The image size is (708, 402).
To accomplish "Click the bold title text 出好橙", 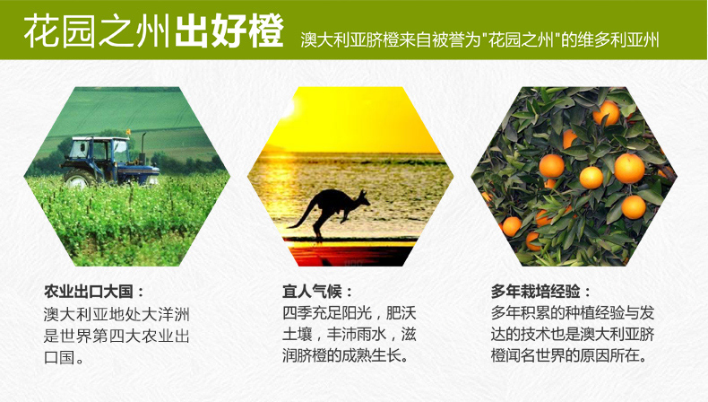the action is point(229,31).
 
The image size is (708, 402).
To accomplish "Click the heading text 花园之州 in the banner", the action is point(97,31).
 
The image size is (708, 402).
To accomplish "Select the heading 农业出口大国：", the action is point(94,292).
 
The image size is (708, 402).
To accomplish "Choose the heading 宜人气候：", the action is point(317,292).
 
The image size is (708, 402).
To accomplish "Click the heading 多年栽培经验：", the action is point(541,292).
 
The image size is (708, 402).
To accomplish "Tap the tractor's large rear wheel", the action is point(79,178).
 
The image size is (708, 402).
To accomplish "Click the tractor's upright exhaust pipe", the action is point(143,144).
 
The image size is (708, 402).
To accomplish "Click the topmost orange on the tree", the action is point(606,113).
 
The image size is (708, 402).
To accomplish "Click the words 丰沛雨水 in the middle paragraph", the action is point(357,335).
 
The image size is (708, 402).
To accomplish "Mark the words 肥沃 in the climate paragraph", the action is point(401,313).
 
